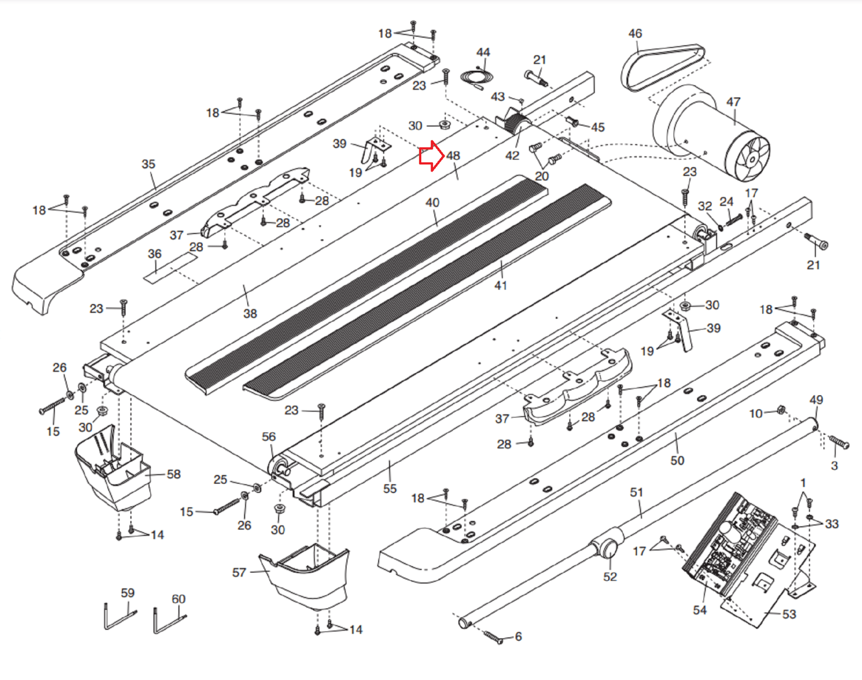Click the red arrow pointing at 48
coord(432,156)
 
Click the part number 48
coord(453,155)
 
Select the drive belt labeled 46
coord(663,68)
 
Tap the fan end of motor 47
coord(747,159)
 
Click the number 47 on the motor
coord(733,102)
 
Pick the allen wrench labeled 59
coord(120,617)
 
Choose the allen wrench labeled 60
coord(169,621)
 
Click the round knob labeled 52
coord(608,548)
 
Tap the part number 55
coord(390,489)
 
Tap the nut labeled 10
coord(781,410)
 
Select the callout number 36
coord(155,253)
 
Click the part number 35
coord(148,163)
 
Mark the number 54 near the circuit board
coord(700,610)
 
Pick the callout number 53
coord(789,614)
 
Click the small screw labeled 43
coord(521,100)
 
